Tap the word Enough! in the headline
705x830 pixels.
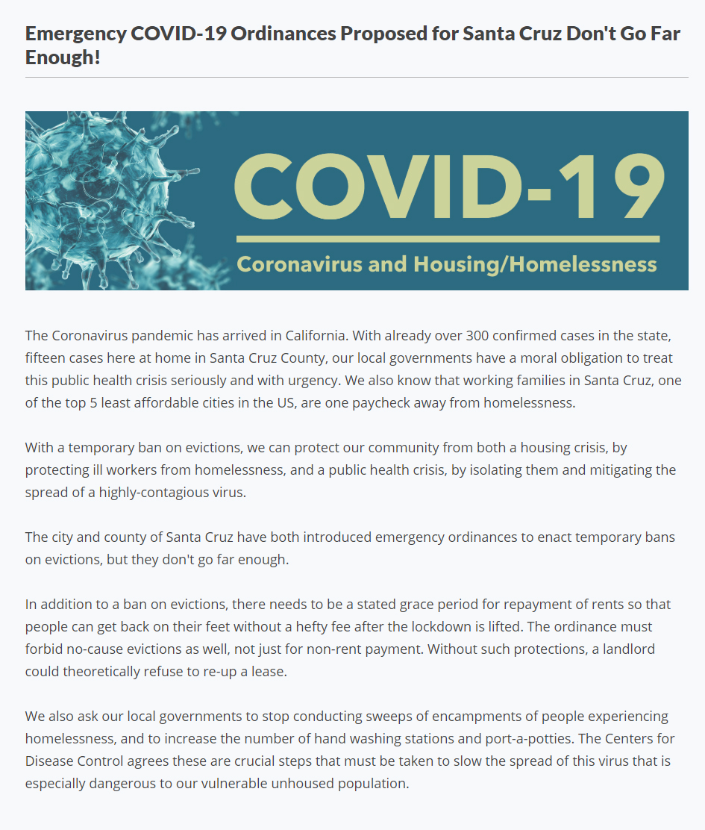coord(63,57)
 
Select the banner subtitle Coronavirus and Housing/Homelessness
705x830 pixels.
coord(446,264)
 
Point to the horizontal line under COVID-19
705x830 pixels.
coord(448,239)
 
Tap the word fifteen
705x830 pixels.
coord(47,358)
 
